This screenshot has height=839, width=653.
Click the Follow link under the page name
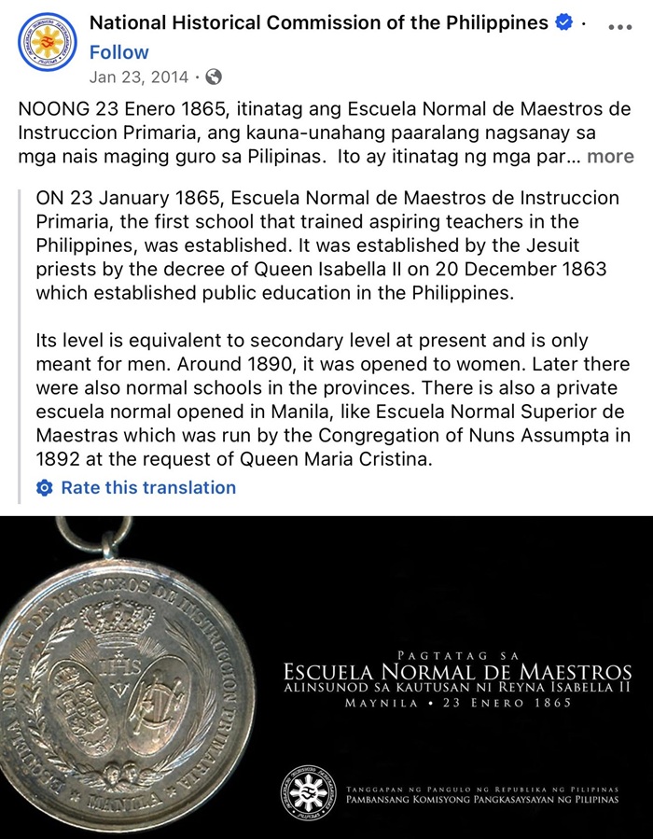(118, 52)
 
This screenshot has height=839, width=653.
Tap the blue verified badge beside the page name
(563, 23)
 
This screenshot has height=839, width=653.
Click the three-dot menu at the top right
(619, 27)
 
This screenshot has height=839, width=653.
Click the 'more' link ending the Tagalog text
(610, 156)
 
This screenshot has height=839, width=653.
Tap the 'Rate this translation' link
(148, 487)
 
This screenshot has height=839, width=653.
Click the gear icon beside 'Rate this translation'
(44, 487)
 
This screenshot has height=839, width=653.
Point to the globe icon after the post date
(214, 77)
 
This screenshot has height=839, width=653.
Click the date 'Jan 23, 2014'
(138, 77)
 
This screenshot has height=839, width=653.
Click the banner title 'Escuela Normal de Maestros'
(457, 671)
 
